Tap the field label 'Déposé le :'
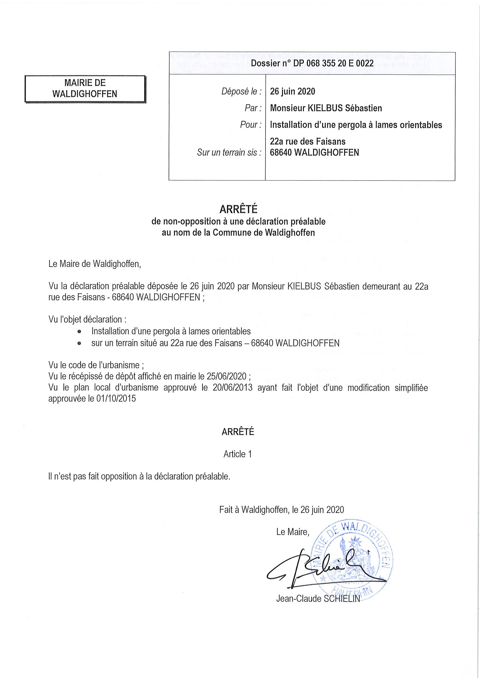[x=241, y=92]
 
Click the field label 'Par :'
[x=253, y=108]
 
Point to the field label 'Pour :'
[x=250, y=125]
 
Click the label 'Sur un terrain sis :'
[x=229, y=152]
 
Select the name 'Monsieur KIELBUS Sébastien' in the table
[x=326, y=108]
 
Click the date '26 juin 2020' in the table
[x=293, y=92]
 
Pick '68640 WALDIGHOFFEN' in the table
[x=314, y=152]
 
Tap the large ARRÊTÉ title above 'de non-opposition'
[x=238, y=209]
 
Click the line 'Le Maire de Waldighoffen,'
[x=95, y=264]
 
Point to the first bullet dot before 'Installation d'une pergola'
[x=79, y=332]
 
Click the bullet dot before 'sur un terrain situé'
[x=79, y=343]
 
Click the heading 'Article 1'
[x=237, y=454]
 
